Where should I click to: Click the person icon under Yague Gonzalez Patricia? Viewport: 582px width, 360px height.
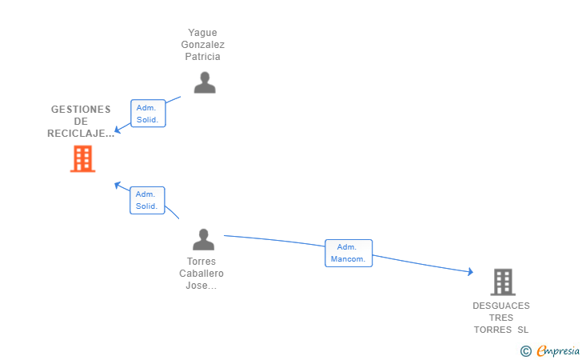coord(205,82)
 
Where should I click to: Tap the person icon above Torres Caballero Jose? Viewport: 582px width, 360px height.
coord(203,239)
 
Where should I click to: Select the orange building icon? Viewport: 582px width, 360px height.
coord(83,159)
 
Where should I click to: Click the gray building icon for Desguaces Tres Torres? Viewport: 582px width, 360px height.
coord(503,282)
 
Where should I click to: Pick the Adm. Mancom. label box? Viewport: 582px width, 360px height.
coord(349,253)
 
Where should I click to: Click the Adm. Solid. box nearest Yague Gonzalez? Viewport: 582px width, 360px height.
coord(148,114)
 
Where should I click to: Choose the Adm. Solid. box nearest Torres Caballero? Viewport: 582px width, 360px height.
coord(147,200)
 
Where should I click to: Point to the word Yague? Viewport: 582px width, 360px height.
coord(203,33)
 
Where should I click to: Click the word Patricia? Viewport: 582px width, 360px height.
coord(203,57)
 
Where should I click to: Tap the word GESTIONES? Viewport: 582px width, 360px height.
coord(81,110)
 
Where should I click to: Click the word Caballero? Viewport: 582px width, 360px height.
coord(201,274)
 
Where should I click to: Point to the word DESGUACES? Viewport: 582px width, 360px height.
coord(501,306)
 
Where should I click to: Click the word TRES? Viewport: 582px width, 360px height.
coord(501,318)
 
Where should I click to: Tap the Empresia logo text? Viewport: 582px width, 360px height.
coord(558,350)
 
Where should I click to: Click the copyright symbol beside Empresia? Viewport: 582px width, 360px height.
coord(526,351)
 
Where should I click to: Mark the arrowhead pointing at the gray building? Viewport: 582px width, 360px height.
coord(471,271)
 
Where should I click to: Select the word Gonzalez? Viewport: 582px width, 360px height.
coord(203,45)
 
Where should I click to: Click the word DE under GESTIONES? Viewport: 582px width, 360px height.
coord(81,121)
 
